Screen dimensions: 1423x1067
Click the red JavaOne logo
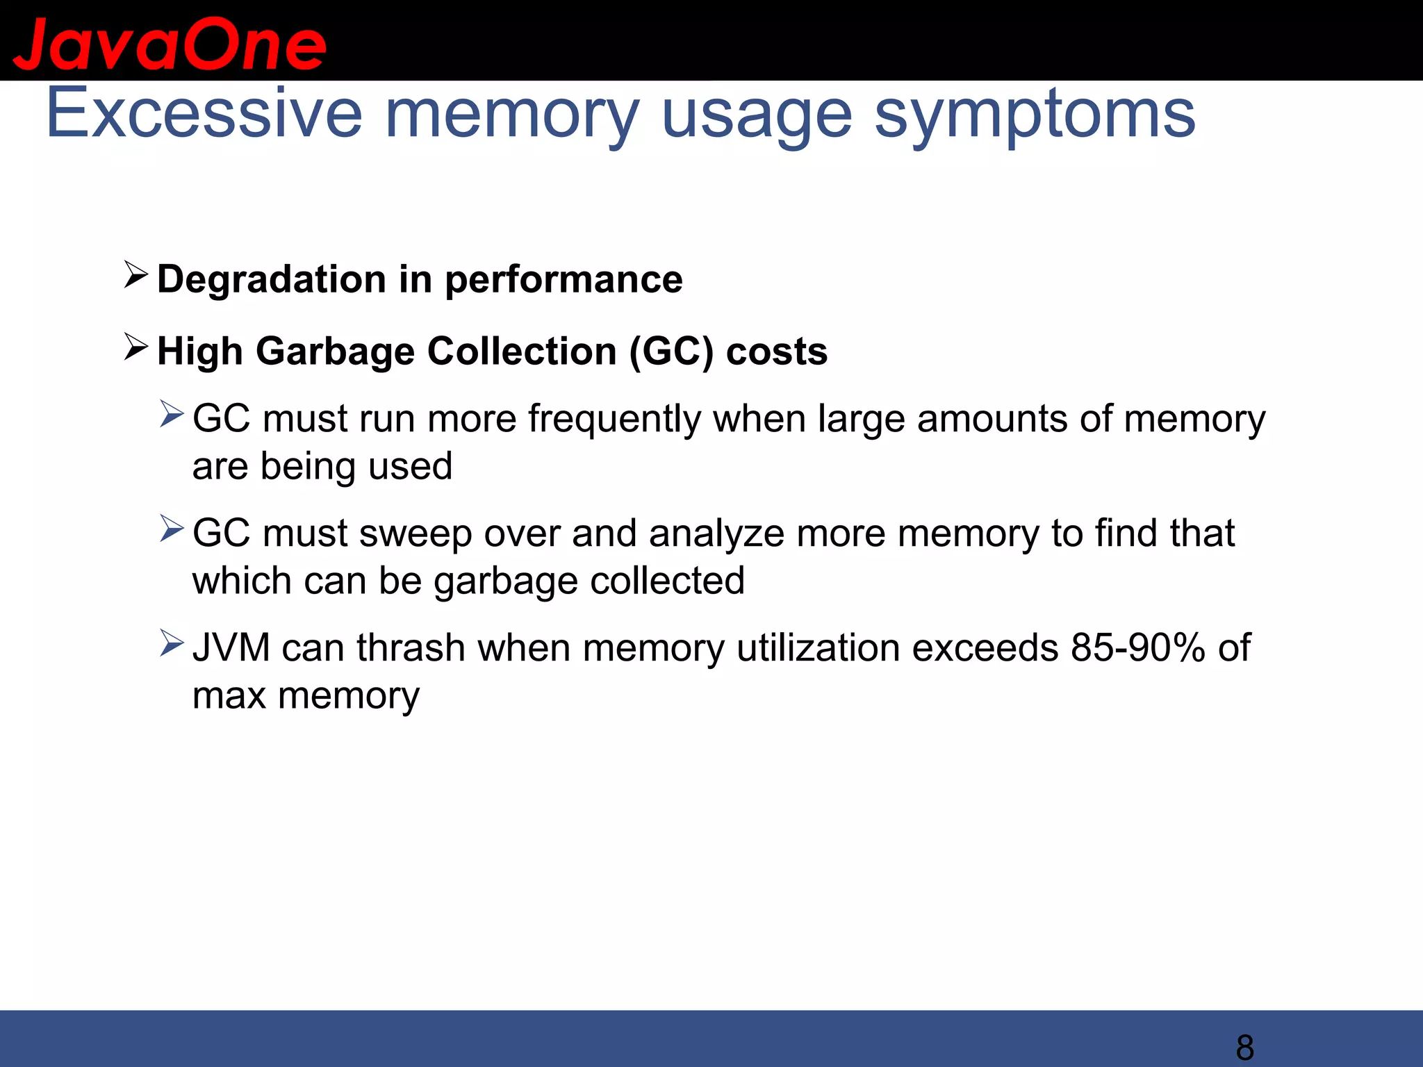pos(169,45)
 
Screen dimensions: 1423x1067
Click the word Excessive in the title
pos(204,113)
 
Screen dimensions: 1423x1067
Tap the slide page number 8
pos(1244,1047)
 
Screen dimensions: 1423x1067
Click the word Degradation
pos(272,279)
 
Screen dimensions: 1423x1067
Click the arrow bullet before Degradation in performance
pos(135,275)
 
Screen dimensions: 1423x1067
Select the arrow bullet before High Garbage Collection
pos(135,347)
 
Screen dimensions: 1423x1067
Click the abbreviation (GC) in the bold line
pos(671,351)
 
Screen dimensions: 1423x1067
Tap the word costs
pos(777,351)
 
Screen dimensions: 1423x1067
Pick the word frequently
pos(614,420)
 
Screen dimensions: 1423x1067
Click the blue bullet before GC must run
pos(171,414)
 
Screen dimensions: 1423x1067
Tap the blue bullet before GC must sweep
pos(171,529)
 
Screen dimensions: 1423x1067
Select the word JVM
pos(231,648)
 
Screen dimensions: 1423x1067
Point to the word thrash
pos(411,648)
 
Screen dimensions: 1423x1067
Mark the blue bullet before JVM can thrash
pos(171,643)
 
